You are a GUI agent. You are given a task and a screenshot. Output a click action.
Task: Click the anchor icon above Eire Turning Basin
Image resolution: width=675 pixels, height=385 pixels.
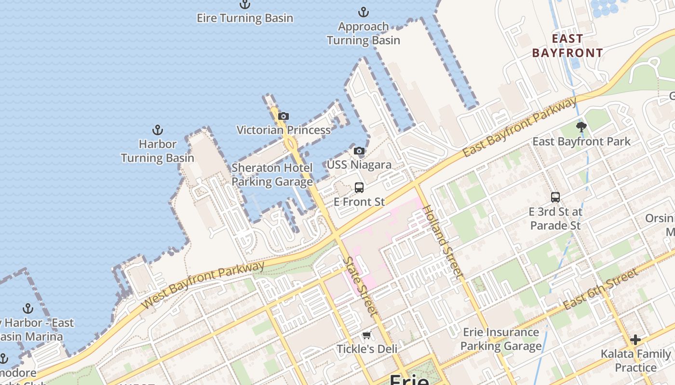pyautogui.click(x=245, y=5)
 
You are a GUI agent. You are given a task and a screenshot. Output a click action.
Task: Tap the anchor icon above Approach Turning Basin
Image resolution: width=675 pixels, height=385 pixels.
pyautogui.click(x=363, y=12)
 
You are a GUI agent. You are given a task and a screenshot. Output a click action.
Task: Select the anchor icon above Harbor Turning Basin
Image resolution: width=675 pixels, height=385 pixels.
pyautogui.click(x=157, y=130)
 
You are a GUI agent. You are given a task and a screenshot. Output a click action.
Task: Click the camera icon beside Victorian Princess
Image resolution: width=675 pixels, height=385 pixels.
pyautogui.click(x=283, y=116)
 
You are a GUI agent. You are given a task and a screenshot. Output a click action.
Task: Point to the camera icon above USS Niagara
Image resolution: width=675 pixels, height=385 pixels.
pyautogui.click(x=359, y=151)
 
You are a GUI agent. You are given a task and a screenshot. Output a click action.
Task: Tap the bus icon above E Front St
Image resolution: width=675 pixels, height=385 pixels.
pyautogui.click(x=359, y=188)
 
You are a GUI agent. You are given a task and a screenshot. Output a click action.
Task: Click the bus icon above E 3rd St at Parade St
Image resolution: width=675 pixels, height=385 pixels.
pyautogui.click(x=555, y=197)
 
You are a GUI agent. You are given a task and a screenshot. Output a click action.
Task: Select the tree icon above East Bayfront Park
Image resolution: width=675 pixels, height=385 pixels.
pyautogui.click(x=581, y=127)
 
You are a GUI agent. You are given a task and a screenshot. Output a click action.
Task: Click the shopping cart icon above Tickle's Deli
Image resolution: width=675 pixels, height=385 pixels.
pyautogui.click(x=366, y=335)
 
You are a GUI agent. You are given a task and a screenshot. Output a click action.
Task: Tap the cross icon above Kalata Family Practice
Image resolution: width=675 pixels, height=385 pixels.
pyautogui.click(x=635, y=340)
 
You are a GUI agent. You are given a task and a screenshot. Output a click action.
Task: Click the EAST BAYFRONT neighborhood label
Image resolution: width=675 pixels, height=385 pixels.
pyautogui.click(x=567, y=46)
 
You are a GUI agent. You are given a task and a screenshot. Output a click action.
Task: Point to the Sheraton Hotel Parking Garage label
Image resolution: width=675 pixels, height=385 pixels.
pyautogui.click(x=272, y=175)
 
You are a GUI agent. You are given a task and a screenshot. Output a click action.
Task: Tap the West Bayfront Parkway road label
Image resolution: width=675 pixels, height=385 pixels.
pyautogui.click(x=204, y=284)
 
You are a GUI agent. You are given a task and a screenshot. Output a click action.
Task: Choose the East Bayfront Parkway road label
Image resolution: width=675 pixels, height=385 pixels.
pyautogui.click(x=519, y=127)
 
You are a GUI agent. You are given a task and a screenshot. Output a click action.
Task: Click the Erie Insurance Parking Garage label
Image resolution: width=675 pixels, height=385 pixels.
pyautogui.click(x=501, y=339)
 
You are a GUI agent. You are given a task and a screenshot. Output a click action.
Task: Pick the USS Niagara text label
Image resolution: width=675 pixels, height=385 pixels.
pyautogui.click(x=359, y=165)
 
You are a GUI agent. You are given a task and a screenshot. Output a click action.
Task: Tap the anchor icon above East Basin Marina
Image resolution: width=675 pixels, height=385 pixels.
pyautogui.click(x=28, y=308)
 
